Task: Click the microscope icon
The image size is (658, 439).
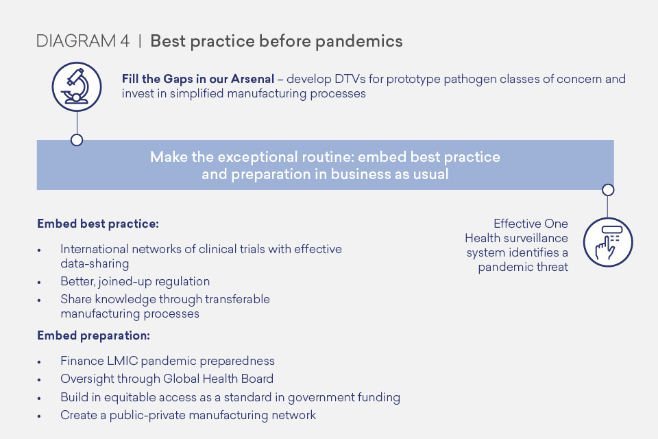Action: point(77,87)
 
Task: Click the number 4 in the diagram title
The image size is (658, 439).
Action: point(125,41)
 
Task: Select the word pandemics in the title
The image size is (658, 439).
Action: point(358,42)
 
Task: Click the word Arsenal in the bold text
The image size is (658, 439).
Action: point(252,79)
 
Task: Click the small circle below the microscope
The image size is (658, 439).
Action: point(77,140)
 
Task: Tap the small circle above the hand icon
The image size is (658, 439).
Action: point(608,190)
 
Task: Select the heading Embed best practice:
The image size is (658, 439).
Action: point(98,224)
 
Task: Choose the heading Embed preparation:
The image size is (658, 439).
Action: point(93,335)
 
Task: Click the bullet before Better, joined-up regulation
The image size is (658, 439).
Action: point(39,283)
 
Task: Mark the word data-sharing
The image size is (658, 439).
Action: point(95,264)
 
